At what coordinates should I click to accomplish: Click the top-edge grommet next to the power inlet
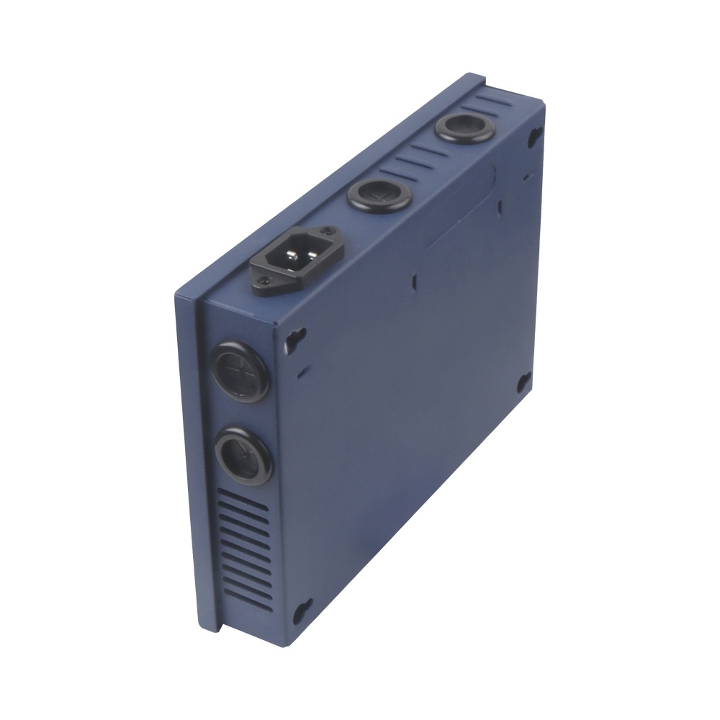(379, 195)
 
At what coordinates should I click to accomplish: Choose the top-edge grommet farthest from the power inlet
(464, 129)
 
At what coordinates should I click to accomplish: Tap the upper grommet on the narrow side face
(240, 370)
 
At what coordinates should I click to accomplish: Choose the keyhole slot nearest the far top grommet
(534, 135)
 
